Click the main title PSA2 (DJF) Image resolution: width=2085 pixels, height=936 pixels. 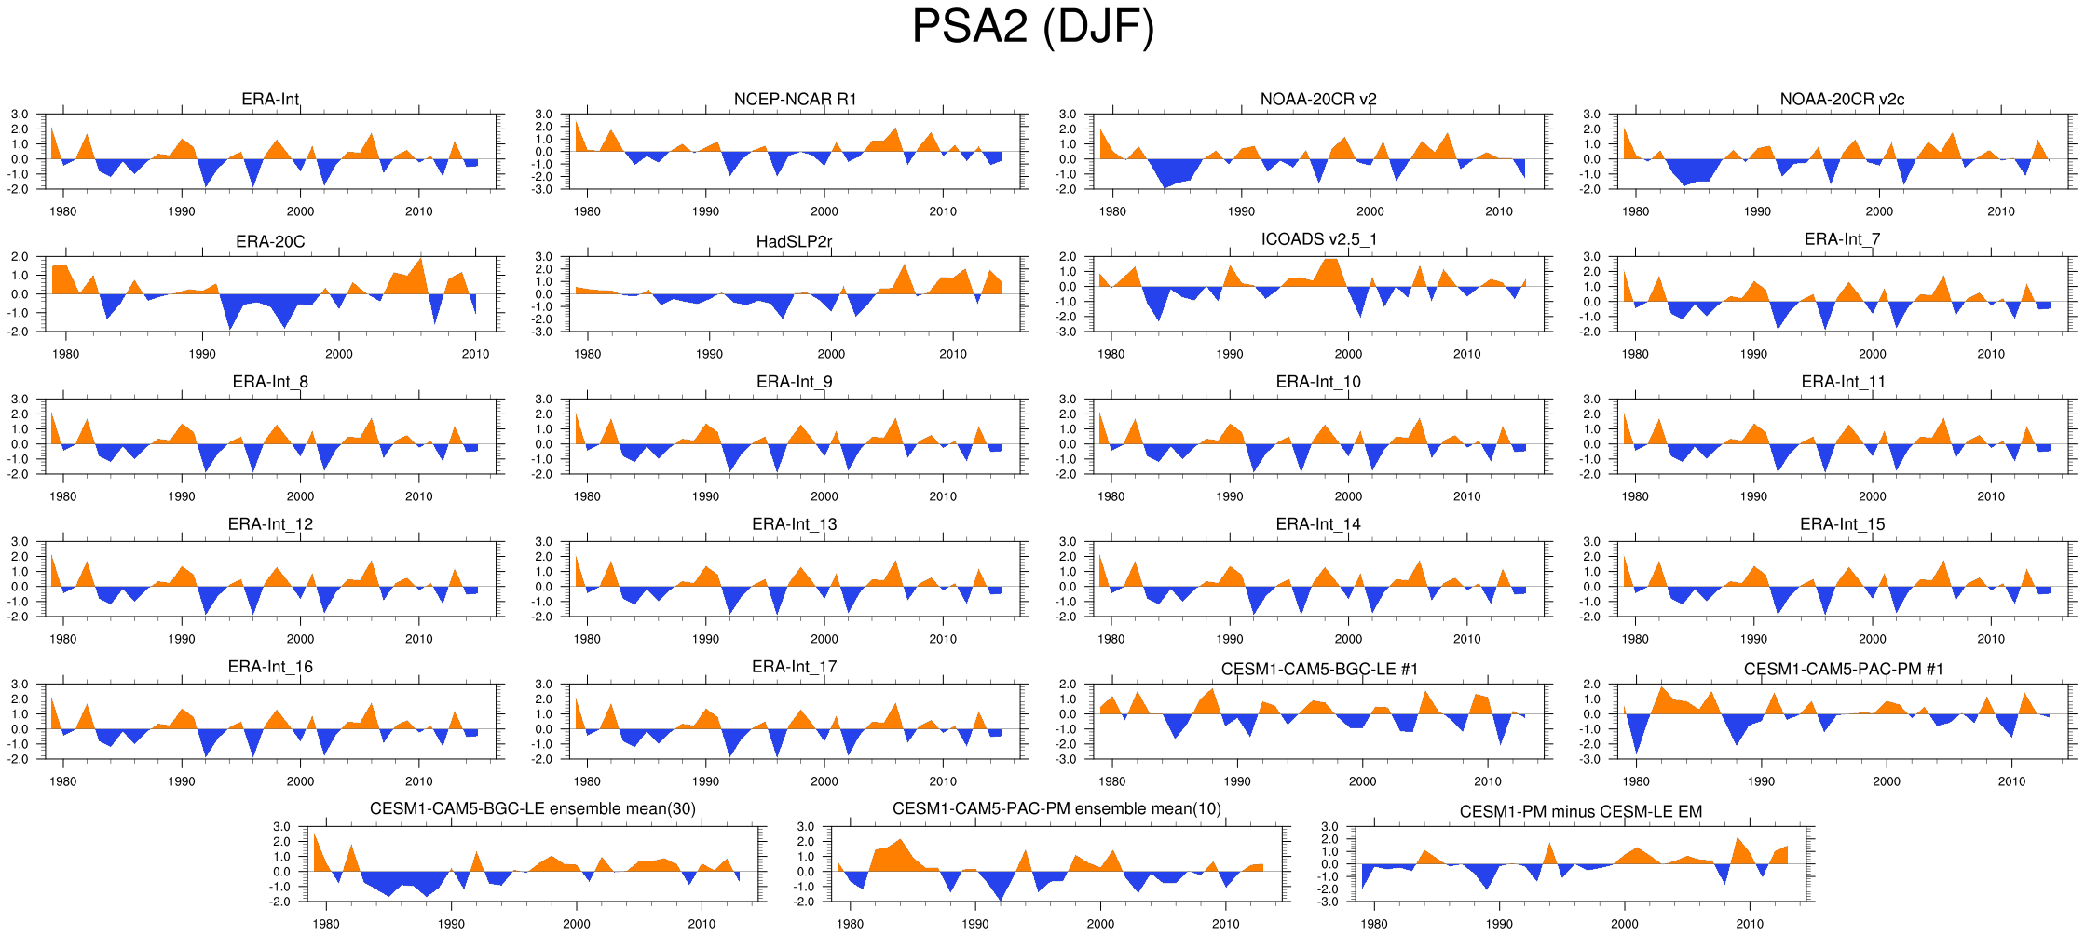click(x=1032, y=26)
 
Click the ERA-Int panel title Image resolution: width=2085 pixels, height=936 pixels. click(x=270, y=100)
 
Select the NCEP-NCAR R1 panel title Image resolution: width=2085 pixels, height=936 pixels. click(x=795, y=100)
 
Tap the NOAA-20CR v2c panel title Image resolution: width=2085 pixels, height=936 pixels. click(x=1842, y=100)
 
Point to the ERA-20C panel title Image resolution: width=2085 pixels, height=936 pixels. click(x=270, y=242)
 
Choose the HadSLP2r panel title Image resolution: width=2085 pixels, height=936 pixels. click(x=795, y=242)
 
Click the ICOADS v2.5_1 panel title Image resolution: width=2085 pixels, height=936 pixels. click(x=1318, y=239)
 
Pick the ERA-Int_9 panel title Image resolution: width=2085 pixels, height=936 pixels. click(x=795, y=382)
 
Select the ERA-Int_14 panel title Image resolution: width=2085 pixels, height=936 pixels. click(x=1318, y=524)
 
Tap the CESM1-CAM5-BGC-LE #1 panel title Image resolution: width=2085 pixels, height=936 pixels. click(x=1318, y=670)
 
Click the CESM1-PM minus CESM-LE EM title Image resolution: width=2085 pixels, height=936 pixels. click(x=1580, y=812)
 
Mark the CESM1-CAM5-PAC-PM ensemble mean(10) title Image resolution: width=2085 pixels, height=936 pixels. click(x=1056, y=809)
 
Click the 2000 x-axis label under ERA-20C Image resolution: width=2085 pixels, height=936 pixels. click(x=339, y=354)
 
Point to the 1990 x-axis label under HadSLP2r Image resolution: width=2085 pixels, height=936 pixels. click(x=709, y=354)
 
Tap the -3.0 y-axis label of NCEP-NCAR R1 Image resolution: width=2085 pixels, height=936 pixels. click(x=543, y=189)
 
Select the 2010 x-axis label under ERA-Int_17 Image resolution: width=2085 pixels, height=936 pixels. click(x=943, y=781)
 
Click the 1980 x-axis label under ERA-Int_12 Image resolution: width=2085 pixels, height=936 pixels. click(x=62, y=639)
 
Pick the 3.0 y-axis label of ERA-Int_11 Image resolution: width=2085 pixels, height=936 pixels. click(x=1591, y=400)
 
